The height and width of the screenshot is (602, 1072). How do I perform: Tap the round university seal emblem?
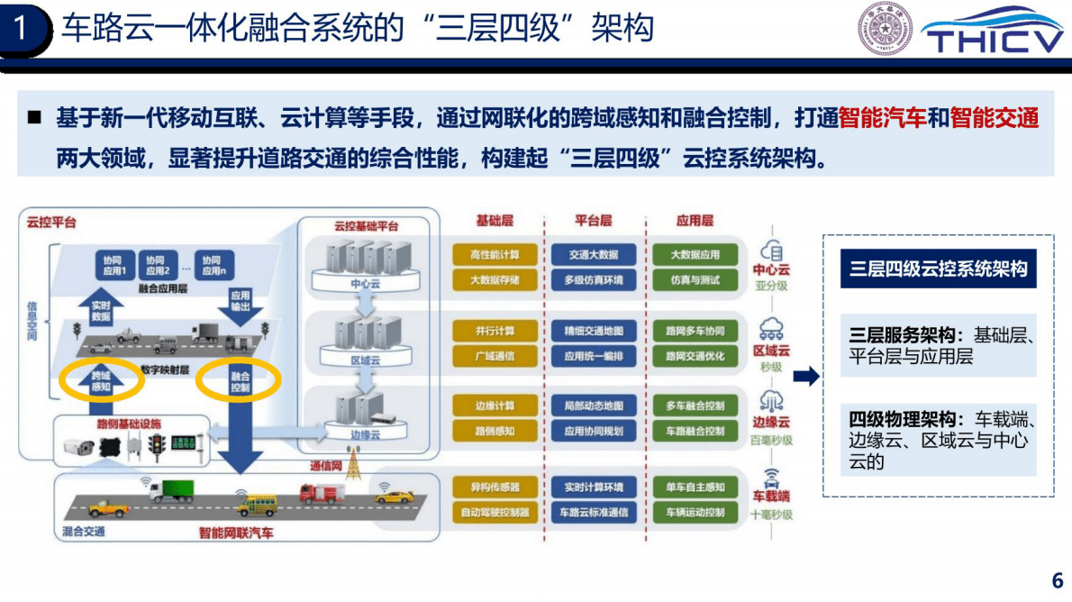pos(884,28)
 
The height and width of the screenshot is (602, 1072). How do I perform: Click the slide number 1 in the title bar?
pos(23,30)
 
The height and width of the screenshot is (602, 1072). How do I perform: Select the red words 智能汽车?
pos(882,118)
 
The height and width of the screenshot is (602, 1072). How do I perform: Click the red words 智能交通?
pos(995,118)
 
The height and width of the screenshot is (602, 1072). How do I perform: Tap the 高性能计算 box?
pos(495,255)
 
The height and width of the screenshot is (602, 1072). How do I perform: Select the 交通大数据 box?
pos(594,255)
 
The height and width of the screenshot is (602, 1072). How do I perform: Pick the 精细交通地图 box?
pos(594,331)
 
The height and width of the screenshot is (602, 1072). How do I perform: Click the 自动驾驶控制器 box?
pos(495,513)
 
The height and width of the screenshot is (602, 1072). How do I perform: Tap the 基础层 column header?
pos(495,221)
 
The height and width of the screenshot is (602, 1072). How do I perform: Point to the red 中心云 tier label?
pos(771,269)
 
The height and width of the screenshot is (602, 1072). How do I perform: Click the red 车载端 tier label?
pos(771,497)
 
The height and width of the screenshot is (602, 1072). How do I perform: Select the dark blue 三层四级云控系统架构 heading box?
pos(938,269)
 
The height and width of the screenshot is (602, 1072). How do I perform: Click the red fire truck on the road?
pos(323,494)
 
